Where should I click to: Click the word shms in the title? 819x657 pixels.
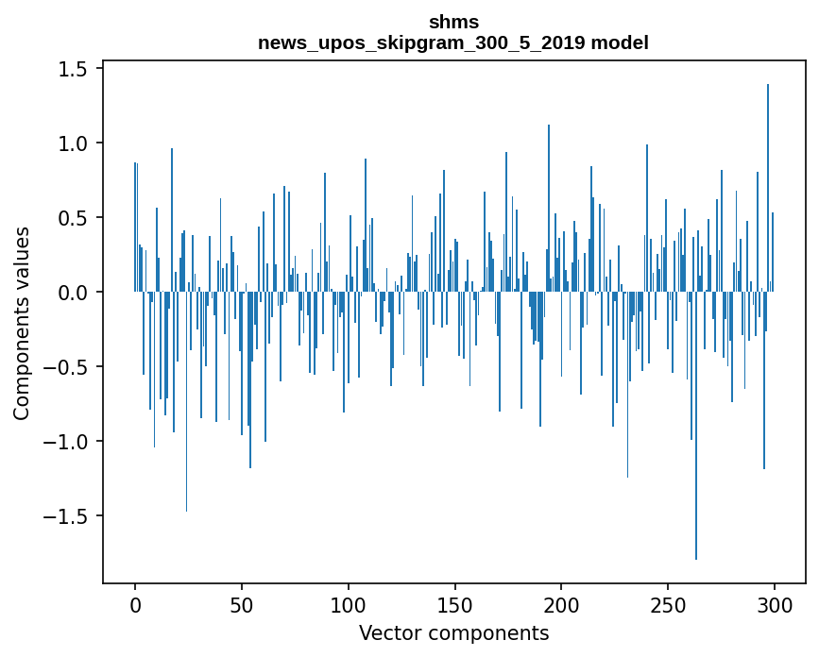(453, 23)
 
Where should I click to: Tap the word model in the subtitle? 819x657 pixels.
(628, 43)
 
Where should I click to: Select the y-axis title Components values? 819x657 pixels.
(22, 323)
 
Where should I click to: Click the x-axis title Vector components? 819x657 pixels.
(453, 633)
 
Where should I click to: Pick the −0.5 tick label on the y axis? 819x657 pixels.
(71, 368)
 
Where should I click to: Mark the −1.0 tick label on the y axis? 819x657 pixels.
(71, 443)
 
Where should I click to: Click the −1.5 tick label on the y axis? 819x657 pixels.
(71, 517)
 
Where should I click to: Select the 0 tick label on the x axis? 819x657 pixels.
(135, 604)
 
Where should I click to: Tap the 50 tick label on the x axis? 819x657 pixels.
(242, 604)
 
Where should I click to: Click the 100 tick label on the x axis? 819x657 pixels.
(349, 604)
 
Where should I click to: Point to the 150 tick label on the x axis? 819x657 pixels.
(455, 604)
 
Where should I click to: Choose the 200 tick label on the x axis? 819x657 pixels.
(562, 604)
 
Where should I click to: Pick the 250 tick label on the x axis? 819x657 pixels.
(669, 604)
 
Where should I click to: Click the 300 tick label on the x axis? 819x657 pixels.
(775, 604)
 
